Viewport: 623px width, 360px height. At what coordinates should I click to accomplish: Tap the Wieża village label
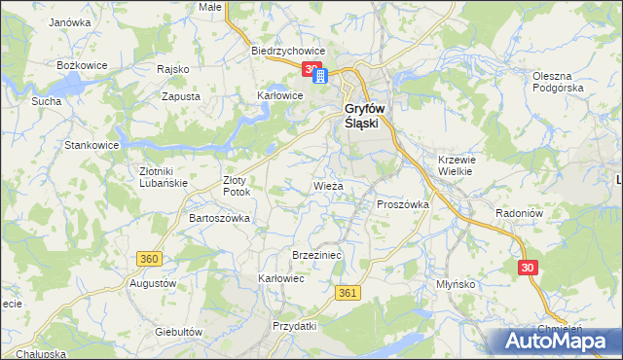[x=327, y=185]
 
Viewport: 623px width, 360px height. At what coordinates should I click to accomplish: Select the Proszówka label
[x=403, y=204]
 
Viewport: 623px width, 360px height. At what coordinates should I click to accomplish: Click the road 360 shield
[x=149, y=259]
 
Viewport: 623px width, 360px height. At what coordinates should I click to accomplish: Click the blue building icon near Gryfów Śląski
[x=320, y=76]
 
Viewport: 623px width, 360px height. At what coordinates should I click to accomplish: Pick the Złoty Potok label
[x=237, y=186]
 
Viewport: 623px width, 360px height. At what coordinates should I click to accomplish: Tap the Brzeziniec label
[x=314, y=255]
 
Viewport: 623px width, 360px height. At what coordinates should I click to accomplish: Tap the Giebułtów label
[x=178, y=332]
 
